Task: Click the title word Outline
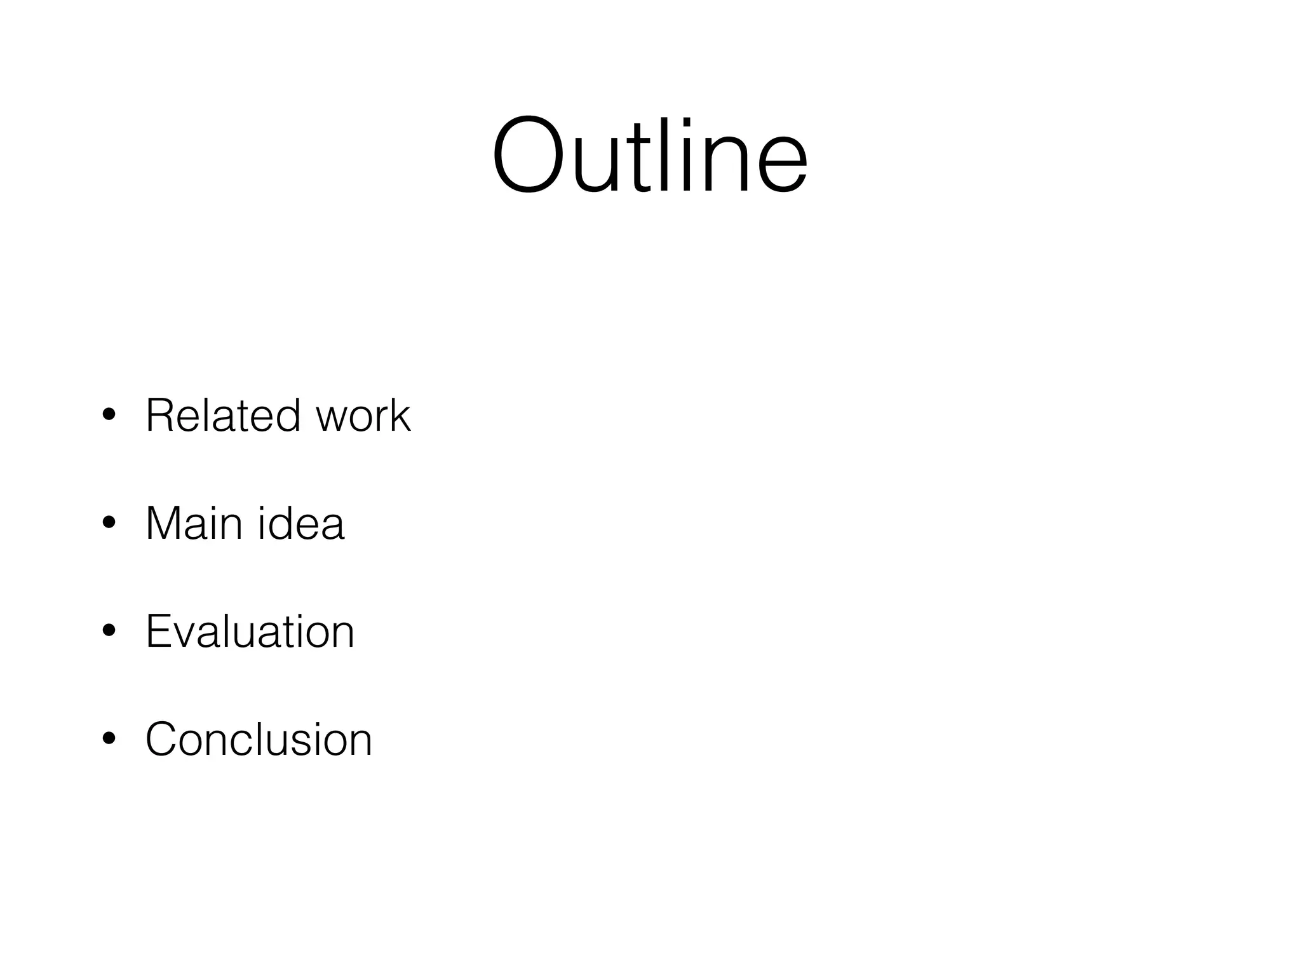649,155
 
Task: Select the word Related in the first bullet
223,416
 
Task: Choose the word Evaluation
250,632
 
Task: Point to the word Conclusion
259,740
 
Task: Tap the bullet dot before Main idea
109,523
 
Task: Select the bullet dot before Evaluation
109,631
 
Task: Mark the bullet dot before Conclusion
109,739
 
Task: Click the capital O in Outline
528,155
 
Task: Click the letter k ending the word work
400,416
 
